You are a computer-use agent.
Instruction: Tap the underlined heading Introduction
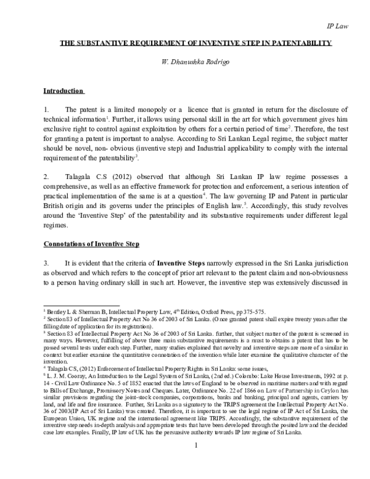click(63, 91)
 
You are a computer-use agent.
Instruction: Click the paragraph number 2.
click(46, 159)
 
